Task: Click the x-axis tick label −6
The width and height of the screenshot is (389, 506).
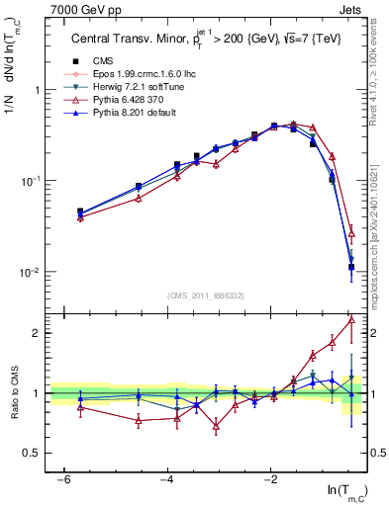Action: click(63, 478)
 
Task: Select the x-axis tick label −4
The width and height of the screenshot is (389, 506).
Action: click(167, 478)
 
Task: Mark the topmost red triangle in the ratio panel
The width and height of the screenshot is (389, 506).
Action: click(351, 319)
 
